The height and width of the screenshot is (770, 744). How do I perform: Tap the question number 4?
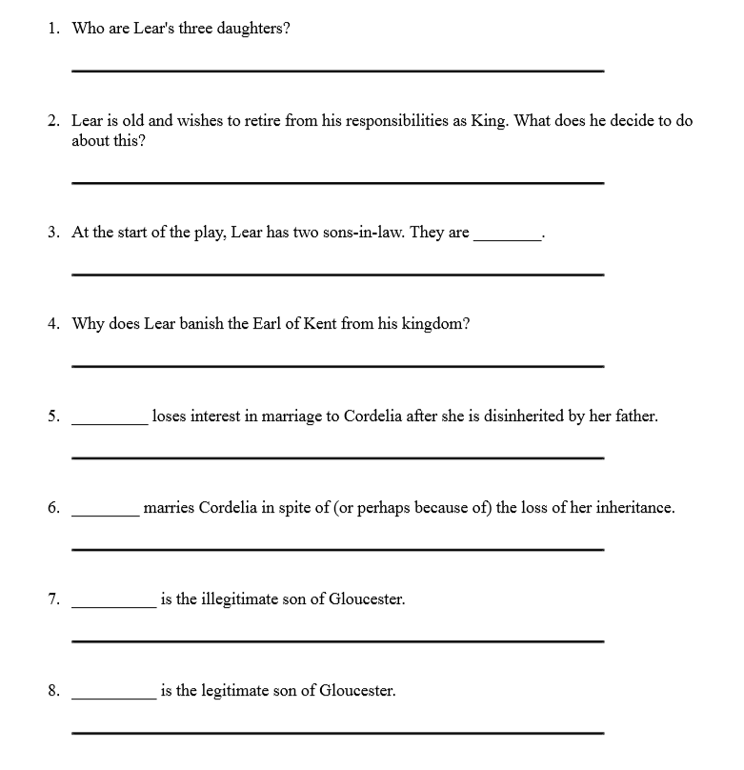tap(53, 324)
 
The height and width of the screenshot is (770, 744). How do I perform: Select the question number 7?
tap(53, 599)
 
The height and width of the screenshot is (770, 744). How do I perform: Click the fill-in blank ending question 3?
tap(507, 238)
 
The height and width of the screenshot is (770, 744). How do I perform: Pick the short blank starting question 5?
tap(110, 422)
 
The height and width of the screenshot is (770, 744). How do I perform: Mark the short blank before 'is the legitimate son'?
tap(114, 698)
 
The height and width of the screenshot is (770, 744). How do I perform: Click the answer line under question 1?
tap(338, 71)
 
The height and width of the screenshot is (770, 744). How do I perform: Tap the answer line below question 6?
tap(338, 550)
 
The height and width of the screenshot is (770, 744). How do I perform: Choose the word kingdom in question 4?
tap(435, 324)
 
